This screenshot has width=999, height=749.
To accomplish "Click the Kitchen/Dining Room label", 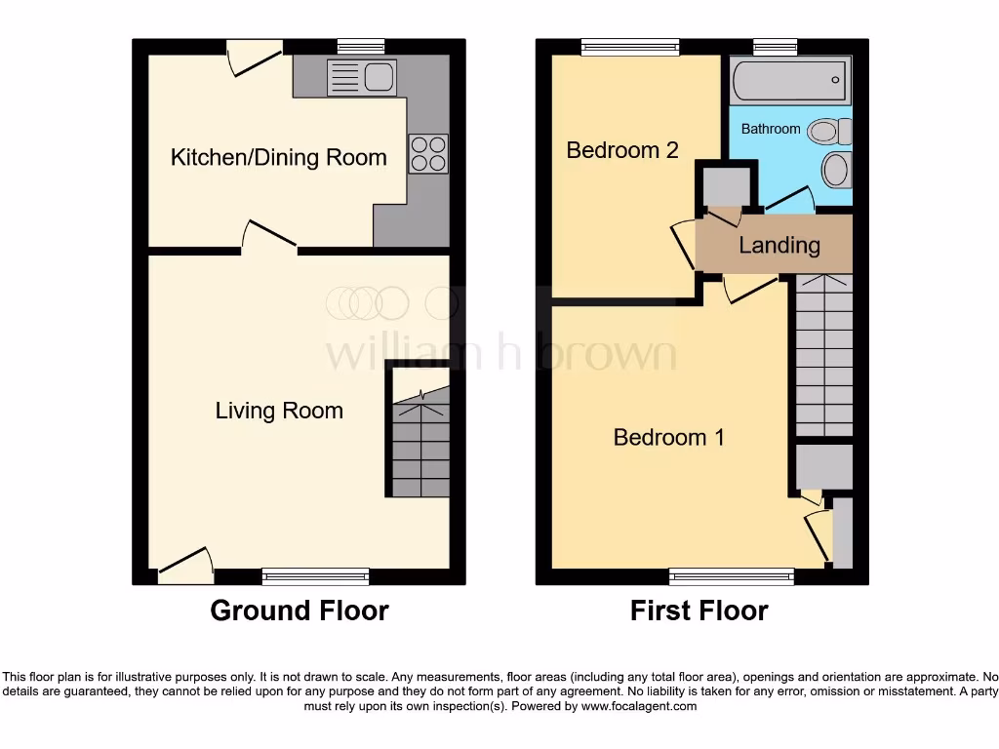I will click(x=278, y=157).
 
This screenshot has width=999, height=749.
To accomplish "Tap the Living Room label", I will click(x=279, y=411).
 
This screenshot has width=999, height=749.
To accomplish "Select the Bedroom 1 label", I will click(x=668, y=437).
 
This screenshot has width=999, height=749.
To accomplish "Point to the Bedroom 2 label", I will click(x=621, y=150).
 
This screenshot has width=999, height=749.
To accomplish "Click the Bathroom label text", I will click(x=771, y=129).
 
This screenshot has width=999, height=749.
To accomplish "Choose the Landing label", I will click(x=779, y=245).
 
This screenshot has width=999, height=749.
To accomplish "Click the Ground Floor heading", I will click(x=300, y=611).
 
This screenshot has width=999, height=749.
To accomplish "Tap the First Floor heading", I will click(x=699, y=611).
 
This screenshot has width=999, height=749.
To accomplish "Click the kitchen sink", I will click(x=361, y=76).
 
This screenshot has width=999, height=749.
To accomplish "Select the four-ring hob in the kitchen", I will click(x=428, y=154).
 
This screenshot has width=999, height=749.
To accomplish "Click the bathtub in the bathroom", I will click(x=790, y=79).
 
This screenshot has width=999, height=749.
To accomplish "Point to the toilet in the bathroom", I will click(x=832, y=131).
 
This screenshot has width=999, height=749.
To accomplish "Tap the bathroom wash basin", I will click(x=836, y=170).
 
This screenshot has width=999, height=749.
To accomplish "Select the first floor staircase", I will click(x=824, y=356).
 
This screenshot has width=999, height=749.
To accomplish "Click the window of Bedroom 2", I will click(x=629, y=46).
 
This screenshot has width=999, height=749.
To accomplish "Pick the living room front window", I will click(x=316, y=576).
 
